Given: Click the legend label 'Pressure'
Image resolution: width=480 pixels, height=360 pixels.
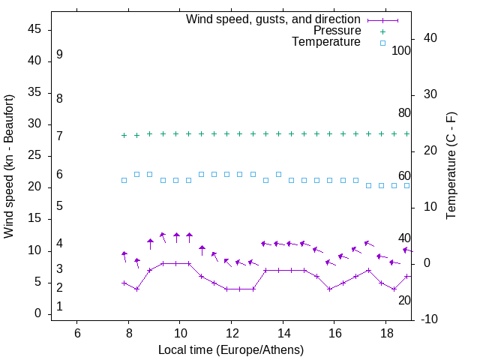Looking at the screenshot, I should click(337, 31).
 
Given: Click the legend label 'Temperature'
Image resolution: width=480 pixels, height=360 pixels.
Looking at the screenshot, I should click(326, 42).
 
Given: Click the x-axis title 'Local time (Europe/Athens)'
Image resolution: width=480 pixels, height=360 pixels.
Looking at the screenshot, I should click(231, 349).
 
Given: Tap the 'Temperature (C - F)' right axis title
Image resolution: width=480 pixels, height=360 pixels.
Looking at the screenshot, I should click(451, 166).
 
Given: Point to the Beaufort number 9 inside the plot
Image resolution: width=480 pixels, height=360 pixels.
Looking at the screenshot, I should click(59, 55).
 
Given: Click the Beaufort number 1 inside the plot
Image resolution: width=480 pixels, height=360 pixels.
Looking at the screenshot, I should click(59, 307).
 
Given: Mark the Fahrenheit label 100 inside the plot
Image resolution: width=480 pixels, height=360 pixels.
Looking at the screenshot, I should click(401, 51).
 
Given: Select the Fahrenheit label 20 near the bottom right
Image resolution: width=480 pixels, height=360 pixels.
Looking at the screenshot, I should click(404, 300).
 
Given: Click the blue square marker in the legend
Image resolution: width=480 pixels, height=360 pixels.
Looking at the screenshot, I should click(382, 43).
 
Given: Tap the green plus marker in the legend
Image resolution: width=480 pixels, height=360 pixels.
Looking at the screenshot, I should click(382, 31).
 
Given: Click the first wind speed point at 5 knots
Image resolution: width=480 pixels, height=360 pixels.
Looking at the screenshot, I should click(124, 283).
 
